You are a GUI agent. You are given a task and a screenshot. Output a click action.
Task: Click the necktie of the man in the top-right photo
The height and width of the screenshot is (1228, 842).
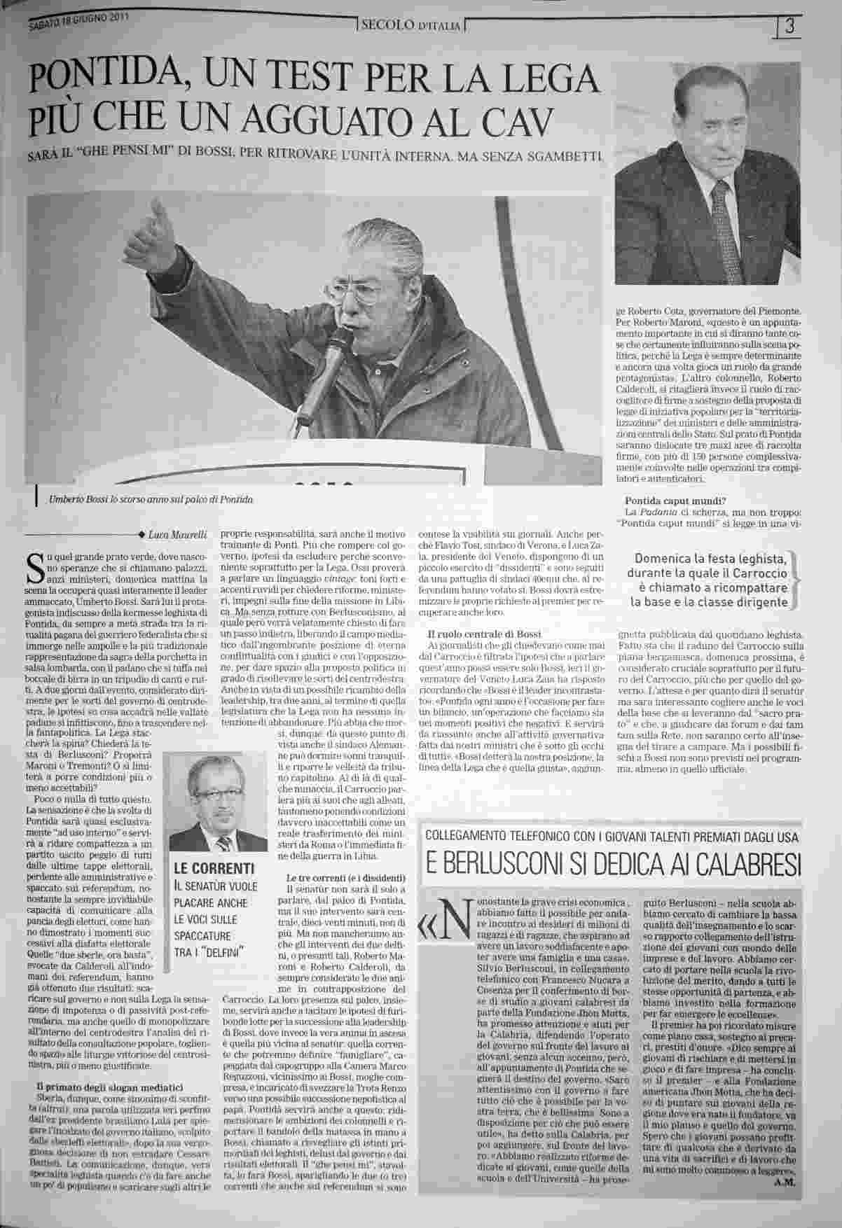pos(722,210)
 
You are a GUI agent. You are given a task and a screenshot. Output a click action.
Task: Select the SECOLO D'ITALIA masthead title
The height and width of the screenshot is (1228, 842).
pos(410,27)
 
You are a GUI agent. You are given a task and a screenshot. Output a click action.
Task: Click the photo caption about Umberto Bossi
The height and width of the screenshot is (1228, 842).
pos(151,499)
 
